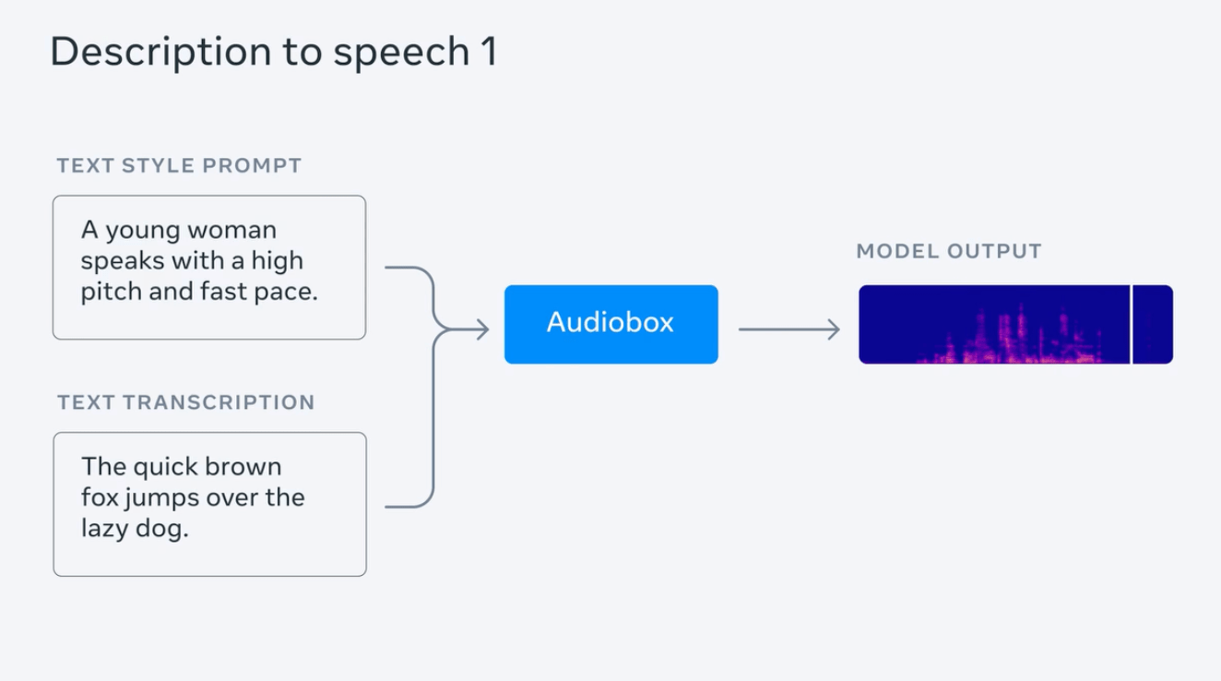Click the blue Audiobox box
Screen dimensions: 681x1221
[610, 324]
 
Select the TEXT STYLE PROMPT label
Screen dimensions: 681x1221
[179, 166]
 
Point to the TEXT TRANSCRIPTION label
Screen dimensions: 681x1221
[185, 402]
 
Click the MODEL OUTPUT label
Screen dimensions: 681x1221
[949, 251]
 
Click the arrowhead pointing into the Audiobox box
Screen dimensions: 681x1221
[481, 329]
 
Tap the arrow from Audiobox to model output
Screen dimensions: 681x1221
[788, 329]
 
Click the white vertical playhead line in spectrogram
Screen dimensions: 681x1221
[1131, 324]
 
